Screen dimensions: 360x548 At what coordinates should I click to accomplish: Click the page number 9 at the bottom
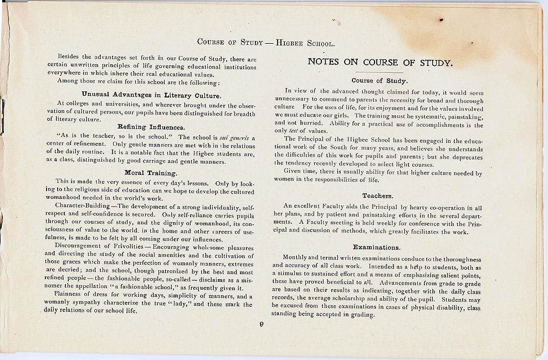click(261, 325)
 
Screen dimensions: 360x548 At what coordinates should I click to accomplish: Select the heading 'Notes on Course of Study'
click(380, 62)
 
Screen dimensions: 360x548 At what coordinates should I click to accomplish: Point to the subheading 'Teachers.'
click(377, 196)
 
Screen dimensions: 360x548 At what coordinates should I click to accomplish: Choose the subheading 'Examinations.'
click(376, 247)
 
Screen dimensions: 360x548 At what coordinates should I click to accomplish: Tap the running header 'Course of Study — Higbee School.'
click(266, 43)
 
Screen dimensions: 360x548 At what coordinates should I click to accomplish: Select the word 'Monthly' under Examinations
click(295, 258)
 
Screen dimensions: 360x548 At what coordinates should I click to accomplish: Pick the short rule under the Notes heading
click(379, 73)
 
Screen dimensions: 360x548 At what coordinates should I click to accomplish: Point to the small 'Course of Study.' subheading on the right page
click(380, 81)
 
